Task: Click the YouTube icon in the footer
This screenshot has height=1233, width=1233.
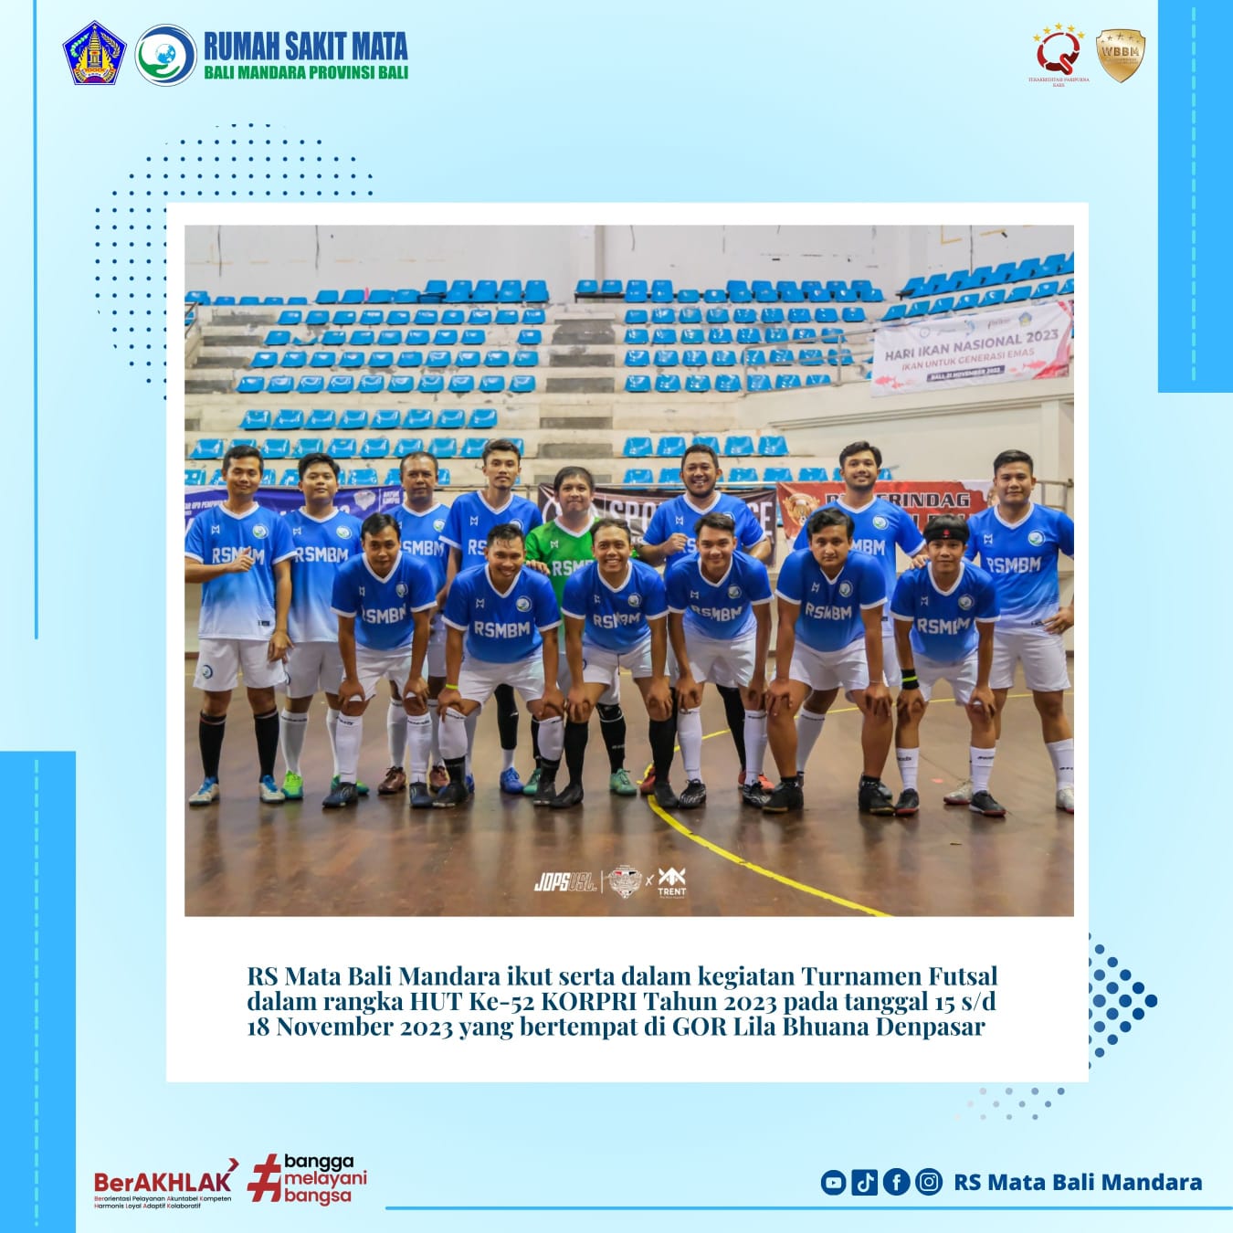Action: click(x=833, y=1182)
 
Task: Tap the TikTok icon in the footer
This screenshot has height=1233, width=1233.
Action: click(x=864, y=1182)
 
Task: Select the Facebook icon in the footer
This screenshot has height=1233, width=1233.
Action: click(x=896, y=1182)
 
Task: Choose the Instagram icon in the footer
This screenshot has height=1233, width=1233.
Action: click(x=928, y=1182)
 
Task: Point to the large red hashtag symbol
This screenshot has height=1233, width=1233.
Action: click(x=264, y=1178)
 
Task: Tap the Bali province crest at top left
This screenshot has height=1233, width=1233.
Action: click(x=94, y=54)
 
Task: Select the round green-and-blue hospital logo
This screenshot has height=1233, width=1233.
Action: click(x=165, y=55)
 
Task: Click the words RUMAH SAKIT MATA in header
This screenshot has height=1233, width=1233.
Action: click(x=305, y=46)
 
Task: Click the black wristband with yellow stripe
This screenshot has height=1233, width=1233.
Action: click(x=909, y=679)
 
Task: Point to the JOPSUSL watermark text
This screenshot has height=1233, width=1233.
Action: click(x=565, y=883)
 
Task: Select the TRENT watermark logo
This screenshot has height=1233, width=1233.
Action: click(x=671, y=881)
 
